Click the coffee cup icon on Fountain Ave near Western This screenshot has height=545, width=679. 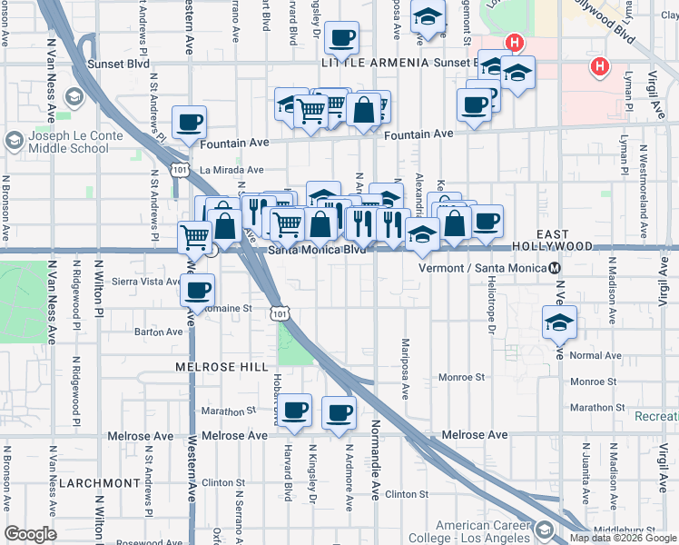[x=189, y=122]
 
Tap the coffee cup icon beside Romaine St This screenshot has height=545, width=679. [x=197, y=291]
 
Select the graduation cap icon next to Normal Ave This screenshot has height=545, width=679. [x=559, y=322]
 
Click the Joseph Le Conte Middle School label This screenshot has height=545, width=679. [x=68, y=143]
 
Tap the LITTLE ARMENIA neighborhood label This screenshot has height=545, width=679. [x=371, y=62]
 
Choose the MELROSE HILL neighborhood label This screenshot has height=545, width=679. [x=222, y=366]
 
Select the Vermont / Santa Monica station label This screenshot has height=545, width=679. [x=483, y=268]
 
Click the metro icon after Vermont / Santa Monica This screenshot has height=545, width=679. [x=555, y=268]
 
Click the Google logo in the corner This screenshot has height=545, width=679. [x=30, y=534]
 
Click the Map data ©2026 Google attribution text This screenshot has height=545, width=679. [x=622, y=538]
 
